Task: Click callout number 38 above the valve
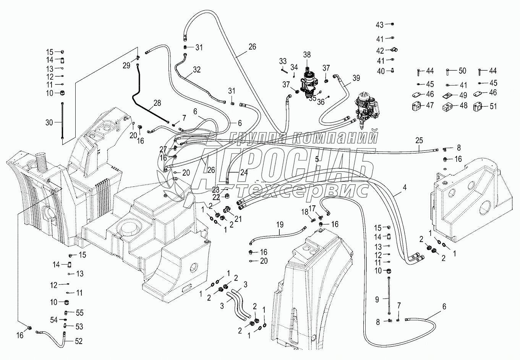[307, 55]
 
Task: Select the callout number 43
[379, 25]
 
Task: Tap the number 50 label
[462, 71]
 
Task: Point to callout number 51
[493, 107]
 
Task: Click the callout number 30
[49, 123]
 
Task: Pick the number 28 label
[157, 103]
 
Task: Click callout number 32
[196, 70]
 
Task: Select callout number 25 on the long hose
[419, 140]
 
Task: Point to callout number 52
[79, 341]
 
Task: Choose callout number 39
[356, 78]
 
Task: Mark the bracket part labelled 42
[392, 50]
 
